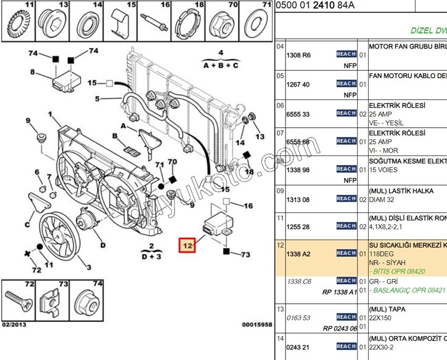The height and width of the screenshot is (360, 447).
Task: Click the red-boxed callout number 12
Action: pos(187,245)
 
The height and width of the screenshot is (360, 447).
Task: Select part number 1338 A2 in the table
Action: pos(298,254)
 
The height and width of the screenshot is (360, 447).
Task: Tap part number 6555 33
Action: pos(298,114)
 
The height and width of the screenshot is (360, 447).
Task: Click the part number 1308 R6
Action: pos(298,55)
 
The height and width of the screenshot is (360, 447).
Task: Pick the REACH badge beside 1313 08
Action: pos(347,199)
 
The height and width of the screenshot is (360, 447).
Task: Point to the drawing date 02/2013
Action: pos(14,325)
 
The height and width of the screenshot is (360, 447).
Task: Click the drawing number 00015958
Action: pos(257,325)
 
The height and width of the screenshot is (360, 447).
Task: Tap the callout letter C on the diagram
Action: pos(27,225)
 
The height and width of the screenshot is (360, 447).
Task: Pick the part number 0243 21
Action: pos(298,347)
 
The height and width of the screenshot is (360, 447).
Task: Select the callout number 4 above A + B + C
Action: pos(221,53)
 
